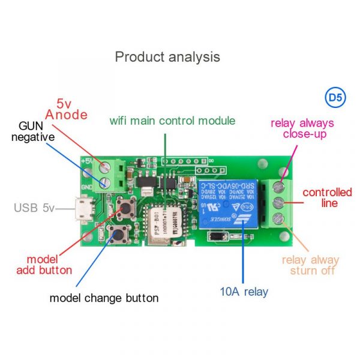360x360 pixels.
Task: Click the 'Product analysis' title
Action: (167, 57)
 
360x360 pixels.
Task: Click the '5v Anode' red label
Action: (66, 108)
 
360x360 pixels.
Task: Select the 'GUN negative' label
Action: (37, 132)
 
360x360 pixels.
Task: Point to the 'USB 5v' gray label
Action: (34, 209)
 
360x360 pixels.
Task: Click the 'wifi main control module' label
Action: (172, 121)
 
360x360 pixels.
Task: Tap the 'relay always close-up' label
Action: (302, 129)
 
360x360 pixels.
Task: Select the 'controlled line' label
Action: (328, 198)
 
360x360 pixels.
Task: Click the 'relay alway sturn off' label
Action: (311, 265)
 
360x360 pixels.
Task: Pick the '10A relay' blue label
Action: (244, 292)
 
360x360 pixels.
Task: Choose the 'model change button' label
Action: (104, 298)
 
